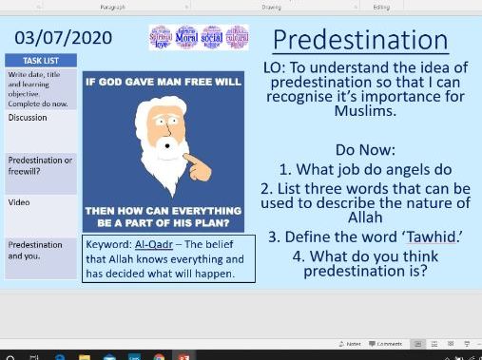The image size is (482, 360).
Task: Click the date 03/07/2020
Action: click(x=63, y=39)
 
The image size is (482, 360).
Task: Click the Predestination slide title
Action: click(x=359, y=40)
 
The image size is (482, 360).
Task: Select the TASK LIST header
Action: click(x=42, y=60)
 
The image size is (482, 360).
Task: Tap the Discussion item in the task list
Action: click(x=28, y=118)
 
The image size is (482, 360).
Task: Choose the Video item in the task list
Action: click(x=19, y=202)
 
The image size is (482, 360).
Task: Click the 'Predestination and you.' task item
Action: click(x=35, y=250)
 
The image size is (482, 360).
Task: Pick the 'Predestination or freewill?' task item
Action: click(x=40, y=165)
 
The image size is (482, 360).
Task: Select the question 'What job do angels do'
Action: click(x=370, y=169)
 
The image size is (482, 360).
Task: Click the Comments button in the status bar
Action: click(x=387, y=343)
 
